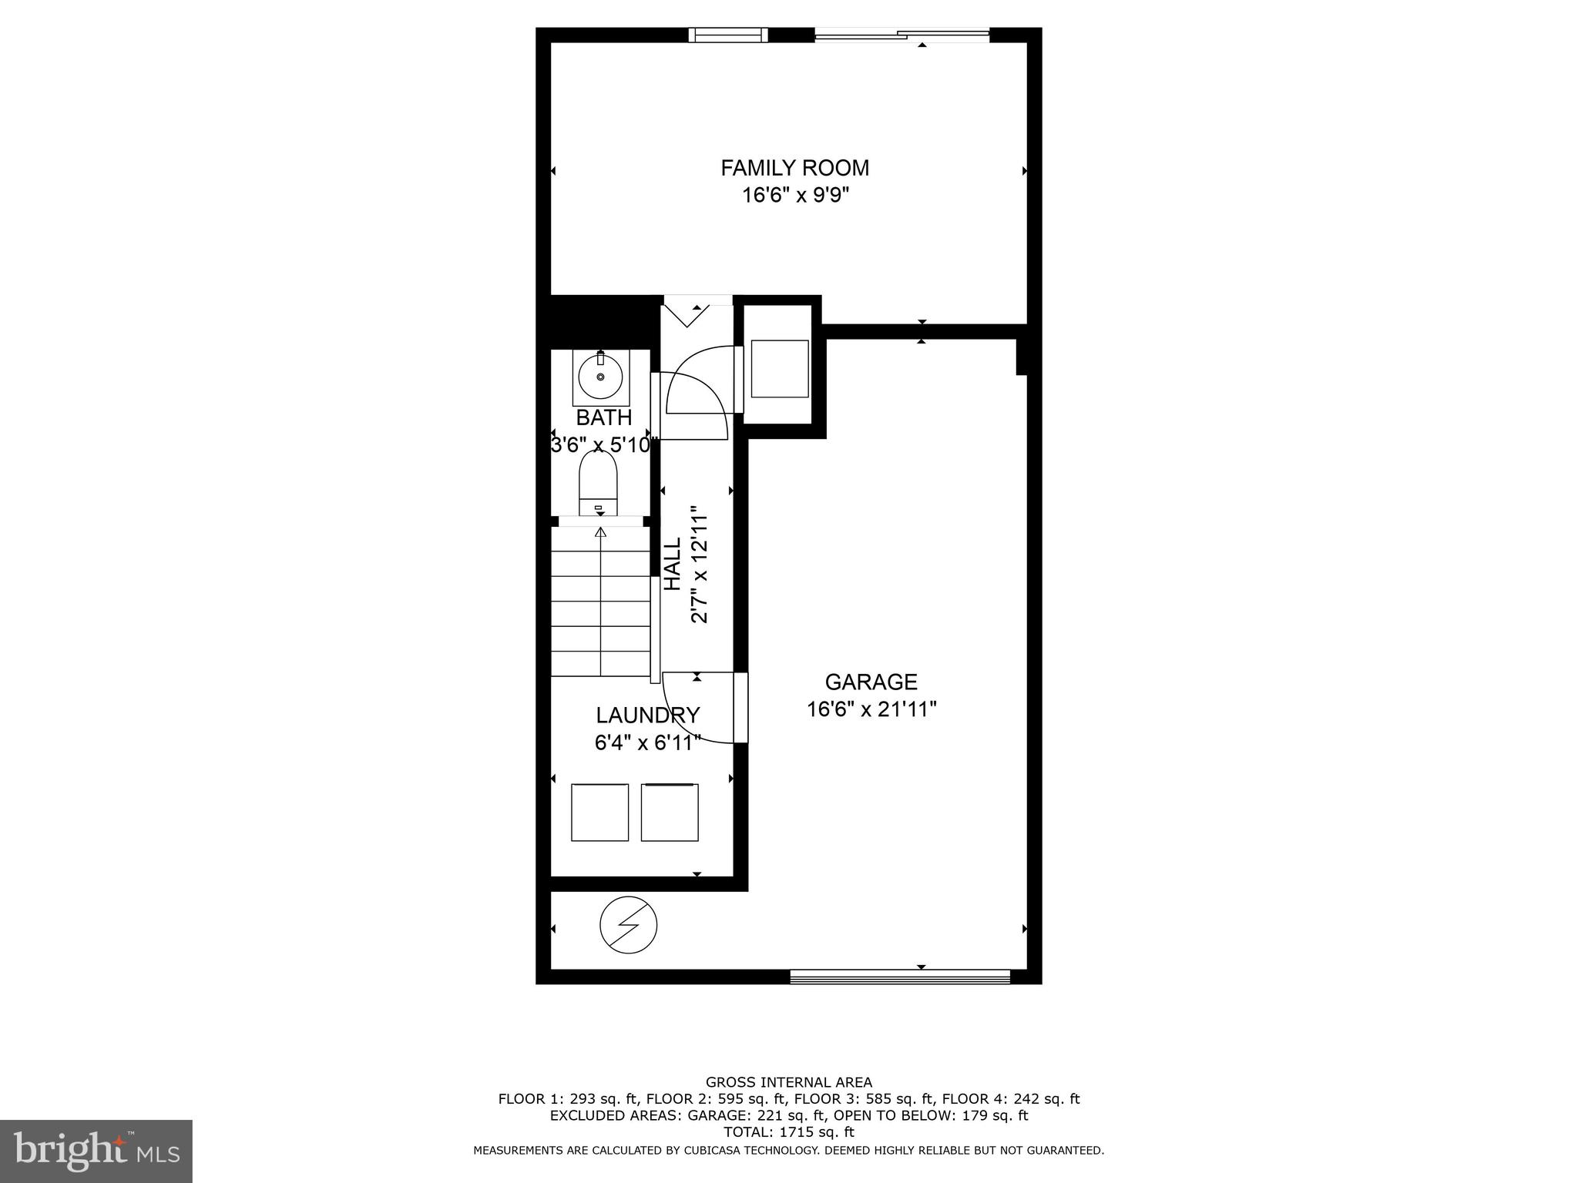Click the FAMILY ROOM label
pos(794,168)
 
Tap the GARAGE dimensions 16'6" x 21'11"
pos(871,709)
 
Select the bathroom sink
pos(600,377)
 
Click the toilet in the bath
pos(598,484)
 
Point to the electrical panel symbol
pos(629,926)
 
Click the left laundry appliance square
pos(599,813)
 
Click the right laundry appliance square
pos(670,813)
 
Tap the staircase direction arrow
pos(601,533)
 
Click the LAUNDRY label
pos(647,715)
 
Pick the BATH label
pos(604,418)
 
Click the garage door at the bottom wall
pos(900,977)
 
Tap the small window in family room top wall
pos(727,35)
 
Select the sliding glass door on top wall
pos(901,34)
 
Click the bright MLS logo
pos(96,1151)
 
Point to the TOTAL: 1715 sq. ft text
pos(788,1132)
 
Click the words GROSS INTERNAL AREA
pos(788,1082)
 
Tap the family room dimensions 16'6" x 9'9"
pos(795,196)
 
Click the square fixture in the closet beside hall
pos(779,368)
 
